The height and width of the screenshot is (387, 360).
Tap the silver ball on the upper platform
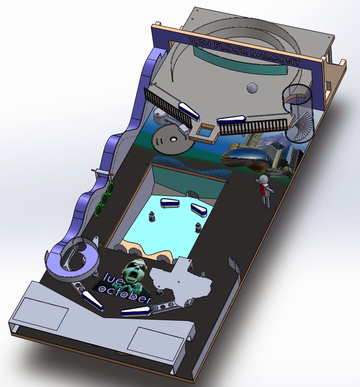click(x=251, y=87)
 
